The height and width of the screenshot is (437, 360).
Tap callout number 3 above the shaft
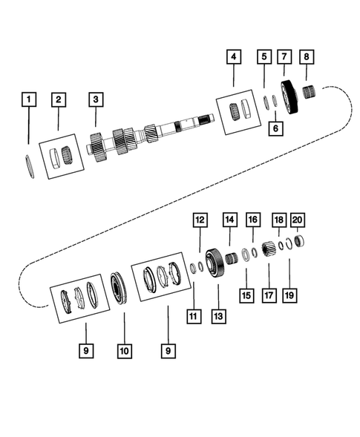pos(95,99)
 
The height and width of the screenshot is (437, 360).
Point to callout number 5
pos(264,56)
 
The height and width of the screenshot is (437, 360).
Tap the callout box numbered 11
pos(194,317)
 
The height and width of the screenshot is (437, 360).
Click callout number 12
pos(199,220)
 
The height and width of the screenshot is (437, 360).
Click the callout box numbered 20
pos(298,220)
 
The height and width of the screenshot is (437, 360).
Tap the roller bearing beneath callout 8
pos(310,94)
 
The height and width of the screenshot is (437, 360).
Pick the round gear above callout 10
pos(119,288)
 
